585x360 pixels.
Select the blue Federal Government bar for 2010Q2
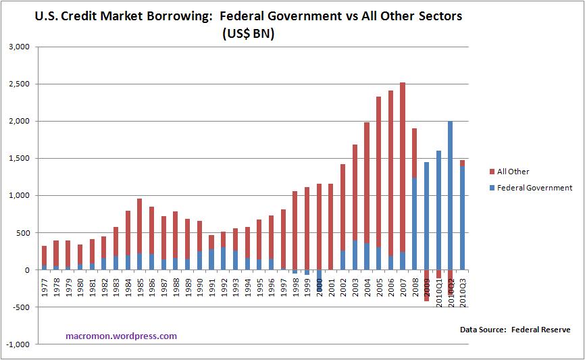(451, 195)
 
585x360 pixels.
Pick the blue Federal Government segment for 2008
(415, 224)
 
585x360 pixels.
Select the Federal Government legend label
(534, 188)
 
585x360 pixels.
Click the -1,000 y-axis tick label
(20, 344)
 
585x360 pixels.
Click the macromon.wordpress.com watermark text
(122, 335)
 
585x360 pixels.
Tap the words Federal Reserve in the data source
(541, 330)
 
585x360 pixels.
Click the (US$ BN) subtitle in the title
(248, 34)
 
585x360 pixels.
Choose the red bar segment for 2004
(367, 182)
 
